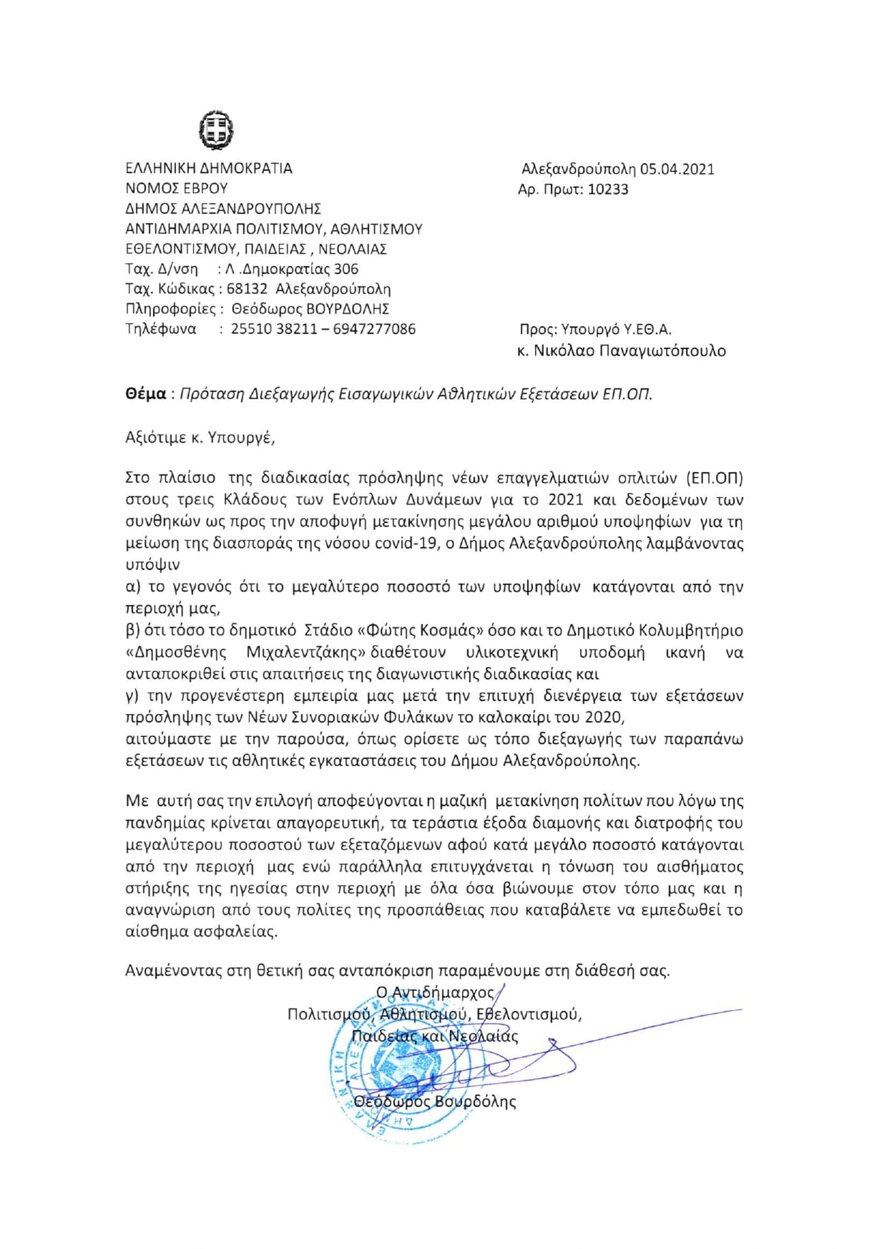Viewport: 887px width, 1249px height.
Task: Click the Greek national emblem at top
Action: (216, 129)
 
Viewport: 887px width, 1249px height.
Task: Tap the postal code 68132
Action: (247, 289)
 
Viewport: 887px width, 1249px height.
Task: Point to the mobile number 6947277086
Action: (374, 329)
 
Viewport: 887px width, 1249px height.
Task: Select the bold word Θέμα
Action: (145, 393)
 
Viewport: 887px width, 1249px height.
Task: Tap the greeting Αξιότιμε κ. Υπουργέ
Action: (200, 438)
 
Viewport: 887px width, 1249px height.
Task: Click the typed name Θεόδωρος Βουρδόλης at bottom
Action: (435, 1101)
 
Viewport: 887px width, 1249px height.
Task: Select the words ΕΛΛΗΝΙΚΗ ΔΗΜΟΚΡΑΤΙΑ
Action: (209, 169)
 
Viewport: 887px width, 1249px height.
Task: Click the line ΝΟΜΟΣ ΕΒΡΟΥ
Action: (177, 189)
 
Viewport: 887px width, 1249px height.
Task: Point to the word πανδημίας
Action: (162, 823)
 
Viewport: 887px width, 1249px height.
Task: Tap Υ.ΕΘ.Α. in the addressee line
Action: (646, 330)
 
